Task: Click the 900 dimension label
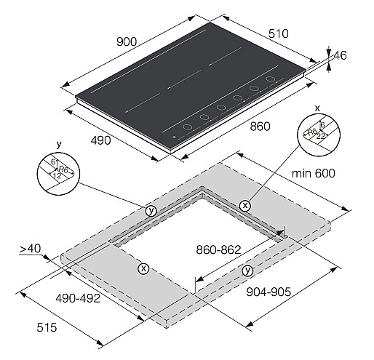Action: coord(127,41)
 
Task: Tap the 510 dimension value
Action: coord(279,33)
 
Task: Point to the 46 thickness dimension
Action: coord(340,55)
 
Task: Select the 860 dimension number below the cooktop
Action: coord(260,127)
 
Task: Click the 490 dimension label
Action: coord(101,140)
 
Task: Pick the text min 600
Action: coord(314,174)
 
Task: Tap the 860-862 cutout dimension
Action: coord(218,249)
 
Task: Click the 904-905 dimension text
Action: coord(268,292)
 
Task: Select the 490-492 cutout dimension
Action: coord(78,298)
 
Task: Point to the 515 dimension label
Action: coord(47,327)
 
